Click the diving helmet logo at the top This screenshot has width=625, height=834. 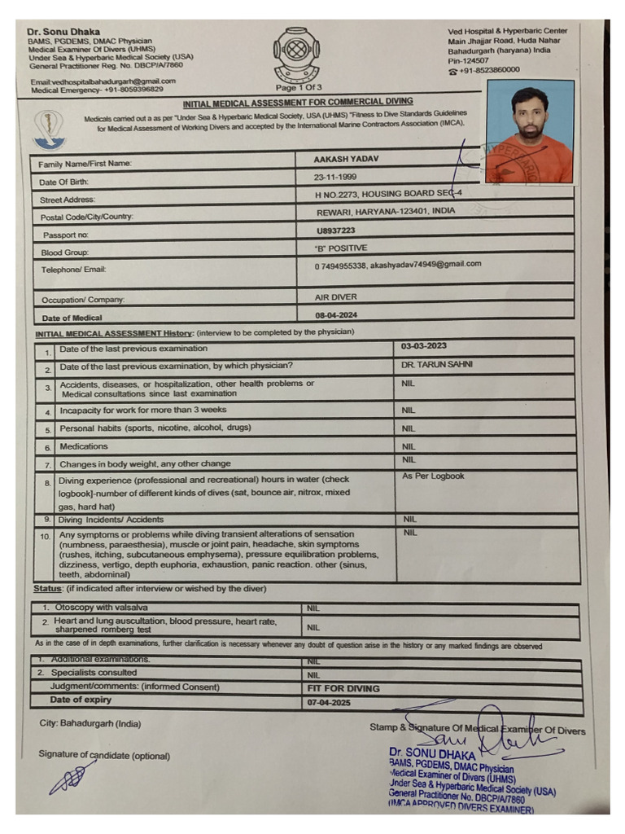(298, 55)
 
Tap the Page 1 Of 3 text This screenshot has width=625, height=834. (299, 87)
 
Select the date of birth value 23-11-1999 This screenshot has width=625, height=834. (334, 177)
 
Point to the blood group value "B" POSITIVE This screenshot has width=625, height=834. (341, 248)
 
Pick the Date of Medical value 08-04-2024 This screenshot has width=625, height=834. (336, 314)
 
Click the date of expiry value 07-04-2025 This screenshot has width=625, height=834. (329, 702)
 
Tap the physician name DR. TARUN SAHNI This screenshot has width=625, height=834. (437, 365)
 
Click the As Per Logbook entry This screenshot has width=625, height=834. (433, 476)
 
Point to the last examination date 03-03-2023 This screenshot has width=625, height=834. (424, 346)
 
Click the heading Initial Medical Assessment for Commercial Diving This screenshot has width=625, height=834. (297, 103)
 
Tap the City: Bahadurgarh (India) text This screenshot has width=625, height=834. (90, 723)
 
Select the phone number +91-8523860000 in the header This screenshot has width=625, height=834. (488, 70)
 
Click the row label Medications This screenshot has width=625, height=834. (84, 446)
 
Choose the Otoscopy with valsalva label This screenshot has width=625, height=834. (101, 608)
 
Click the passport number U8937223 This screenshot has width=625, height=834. (336, 230)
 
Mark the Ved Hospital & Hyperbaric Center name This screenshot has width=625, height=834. (508, 31)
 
